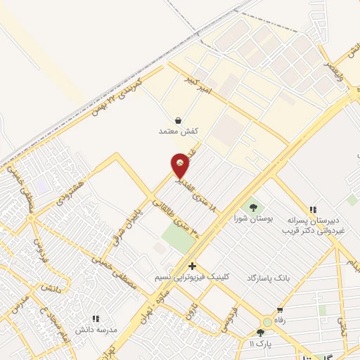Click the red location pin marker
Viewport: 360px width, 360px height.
(180, 165)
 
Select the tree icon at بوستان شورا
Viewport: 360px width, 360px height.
(253, 207)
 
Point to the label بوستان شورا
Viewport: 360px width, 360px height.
(252, 219)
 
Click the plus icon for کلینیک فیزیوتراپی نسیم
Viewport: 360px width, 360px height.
(193, 266)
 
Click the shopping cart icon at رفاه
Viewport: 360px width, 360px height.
(281, 310)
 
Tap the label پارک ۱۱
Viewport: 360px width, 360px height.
(259, 343)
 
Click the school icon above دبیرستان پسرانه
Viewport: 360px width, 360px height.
(313, 209)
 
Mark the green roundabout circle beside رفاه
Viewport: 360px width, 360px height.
(269, 321)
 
